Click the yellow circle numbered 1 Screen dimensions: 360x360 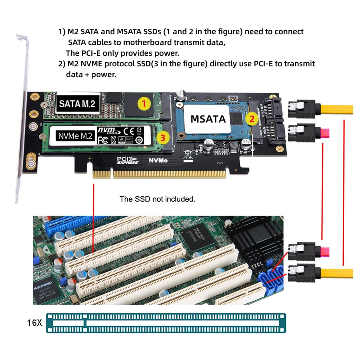[x=144, y=104]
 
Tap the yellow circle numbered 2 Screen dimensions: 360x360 [x=252, y=118]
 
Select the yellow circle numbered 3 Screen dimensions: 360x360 [x=163, y=137]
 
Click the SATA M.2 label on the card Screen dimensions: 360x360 [x=77, y=104]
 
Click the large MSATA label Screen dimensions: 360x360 [x=208, y=118]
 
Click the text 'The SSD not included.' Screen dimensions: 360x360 [x=157, y=199]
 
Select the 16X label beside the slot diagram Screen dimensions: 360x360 [x=34, y=323]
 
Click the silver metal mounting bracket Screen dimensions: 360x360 [x=22, y=119]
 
